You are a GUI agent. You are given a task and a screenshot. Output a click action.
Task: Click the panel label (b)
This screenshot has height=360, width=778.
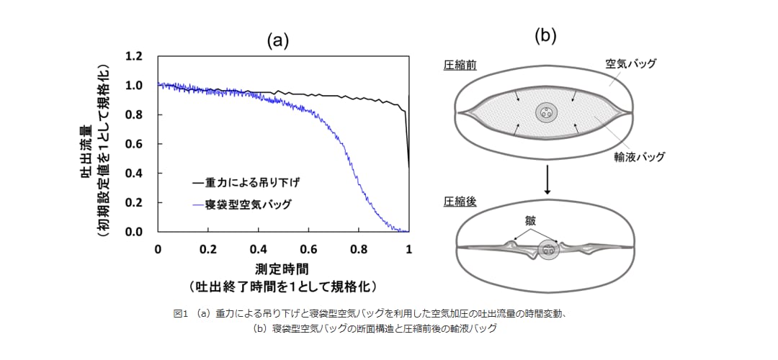[546, 36]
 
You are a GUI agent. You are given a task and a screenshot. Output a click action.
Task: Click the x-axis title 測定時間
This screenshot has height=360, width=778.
[282, 269]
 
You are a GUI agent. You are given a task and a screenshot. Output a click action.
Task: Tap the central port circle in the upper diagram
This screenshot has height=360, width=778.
[547, 113]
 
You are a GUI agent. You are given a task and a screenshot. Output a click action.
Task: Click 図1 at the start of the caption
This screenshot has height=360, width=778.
[179, 313]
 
